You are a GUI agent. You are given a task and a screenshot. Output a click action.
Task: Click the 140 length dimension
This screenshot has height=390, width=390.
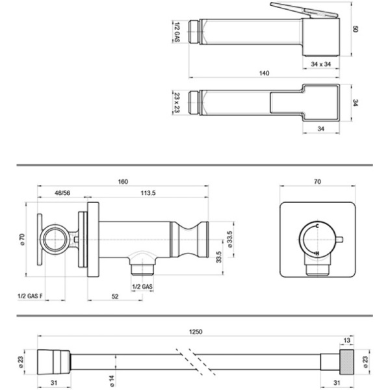point(263,73)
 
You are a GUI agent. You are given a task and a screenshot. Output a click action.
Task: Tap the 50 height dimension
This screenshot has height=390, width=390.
point(356,29)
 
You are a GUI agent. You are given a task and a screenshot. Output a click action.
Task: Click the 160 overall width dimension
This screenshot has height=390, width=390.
point(123,181)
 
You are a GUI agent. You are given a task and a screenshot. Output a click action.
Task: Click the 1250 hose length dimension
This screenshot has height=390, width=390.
point(195,331)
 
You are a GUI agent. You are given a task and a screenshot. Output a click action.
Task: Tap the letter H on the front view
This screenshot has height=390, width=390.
point(316,252)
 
